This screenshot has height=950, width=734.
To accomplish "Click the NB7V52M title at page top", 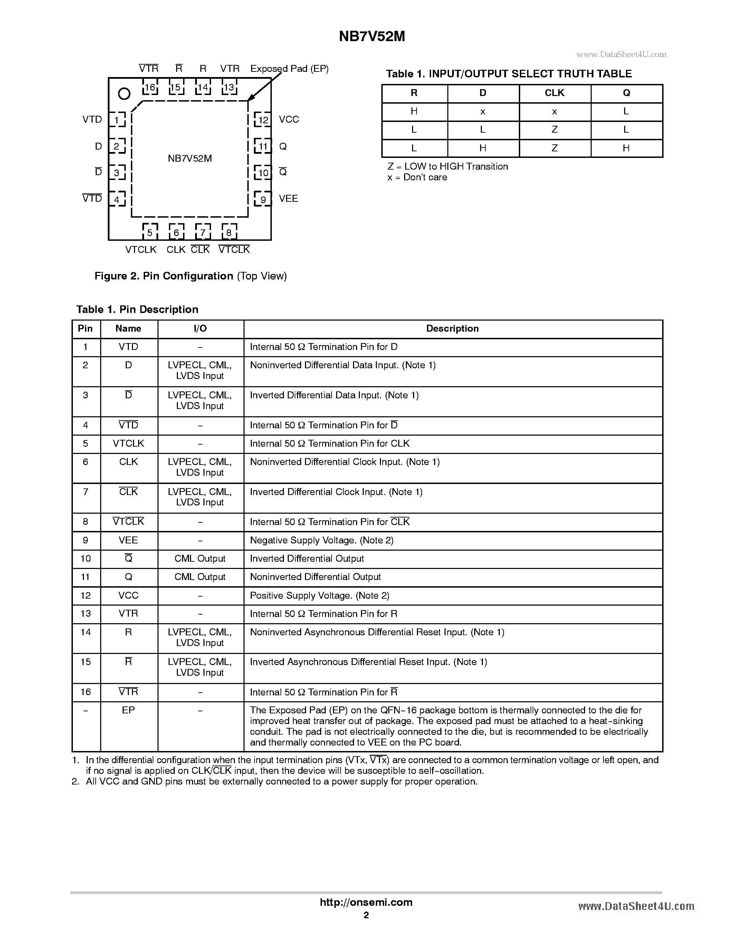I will coord(372,37).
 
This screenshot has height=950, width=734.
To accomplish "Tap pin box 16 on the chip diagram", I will coord(150,87).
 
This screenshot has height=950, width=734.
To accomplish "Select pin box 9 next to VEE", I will coord(263,199).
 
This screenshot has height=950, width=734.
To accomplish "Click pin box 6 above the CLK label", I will coord(176,232).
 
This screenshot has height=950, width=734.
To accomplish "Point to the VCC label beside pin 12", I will coord(289,119).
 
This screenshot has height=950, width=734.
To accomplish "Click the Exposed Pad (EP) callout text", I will coord(289,69).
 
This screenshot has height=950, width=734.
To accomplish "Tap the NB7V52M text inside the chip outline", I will coord(190,158).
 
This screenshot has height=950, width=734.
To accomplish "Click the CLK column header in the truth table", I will coord(554,93).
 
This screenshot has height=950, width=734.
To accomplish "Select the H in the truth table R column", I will coord(414,111).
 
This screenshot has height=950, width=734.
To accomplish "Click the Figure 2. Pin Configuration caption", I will coord(190,276).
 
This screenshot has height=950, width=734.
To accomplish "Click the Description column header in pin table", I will coord(452,329).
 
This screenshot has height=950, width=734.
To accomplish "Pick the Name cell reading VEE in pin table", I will coord(128,540).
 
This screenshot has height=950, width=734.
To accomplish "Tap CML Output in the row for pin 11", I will coord(200,577).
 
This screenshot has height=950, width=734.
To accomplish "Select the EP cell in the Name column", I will coord(128,710).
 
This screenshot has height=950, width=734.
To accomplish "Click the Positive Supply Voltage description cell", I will coord(320,595).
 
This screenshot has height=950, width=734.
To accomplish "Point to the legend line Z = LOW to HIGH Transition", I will coord(447,167).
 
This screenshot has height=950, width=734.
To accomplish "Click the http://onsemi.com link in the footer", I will coord(366,902).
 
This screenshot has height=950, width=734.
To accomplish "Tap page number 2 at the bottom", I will coord(366,915).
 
